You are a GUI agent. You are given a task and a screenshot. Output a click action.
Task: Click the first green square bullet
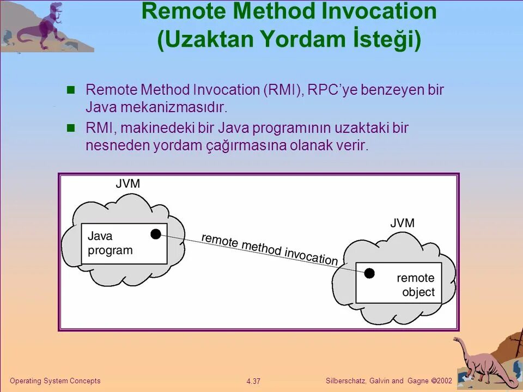[x=70, y=90]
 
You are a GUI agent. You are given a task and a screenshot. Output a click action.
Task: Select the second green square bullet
[x=70, y=128]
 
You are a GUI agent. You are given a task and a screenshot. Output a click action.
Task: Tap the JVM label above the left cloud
[x=128, y=183]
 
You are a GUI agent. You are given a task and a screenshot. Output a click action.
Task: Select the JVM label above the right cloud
[x=403, y=223]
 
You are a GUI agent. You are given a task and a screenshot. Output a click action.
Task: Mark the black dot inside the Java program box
[x=156, y=234]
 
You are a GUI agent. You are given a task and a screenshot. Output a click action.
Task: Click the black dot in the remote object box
[x=369, y=273]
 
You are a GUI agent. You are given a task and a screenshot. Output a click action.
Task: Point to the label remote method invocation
[x=270, y=249]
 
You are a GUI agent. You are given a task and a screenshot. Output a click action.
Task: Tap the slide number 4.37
[x=253, y=381]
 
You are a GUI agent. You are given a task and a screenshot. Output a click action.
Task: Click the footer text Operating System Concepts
[x=56, y=381]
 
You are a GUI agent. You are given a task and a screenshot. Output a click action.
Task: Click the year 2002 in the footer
[x=444, y=381]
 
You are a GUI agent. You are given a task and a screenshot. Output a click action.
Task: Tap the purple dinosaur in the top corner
[x=41, y=27]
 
